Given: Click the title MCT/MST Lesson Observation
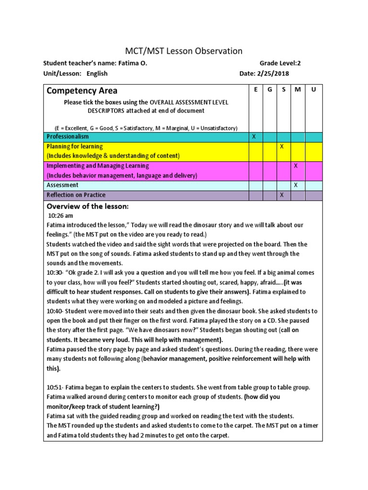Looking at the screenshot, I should (x=184, y=51).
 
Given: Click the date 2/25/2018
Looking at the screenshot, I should (x=274, y=74).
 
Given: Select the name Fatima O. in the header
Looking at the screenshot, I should (x=132, y=63).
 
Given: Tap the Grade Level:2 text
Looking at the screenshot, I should (x=280, y=63).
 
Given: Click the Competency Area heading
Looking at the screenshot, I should (x=81, y=90).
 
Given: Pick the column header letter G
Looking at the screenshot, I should (x=269, y=89).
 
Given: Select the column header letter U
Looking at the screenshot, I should (x=314, y=89).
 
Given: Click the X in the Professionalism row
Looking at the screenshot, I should (x=254, y=137).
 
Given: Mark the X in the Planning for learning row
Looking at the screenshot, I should (x=282, y=146).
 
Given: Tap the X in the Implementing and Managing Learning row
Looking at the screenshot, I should (x=296, y=166).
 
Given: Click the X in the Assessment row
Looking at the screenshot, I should (x=296, y=185).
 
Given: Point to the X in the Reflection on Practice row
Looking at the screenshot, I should (x=282, y=195).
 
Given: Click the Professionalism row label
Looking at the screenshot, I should (x=68, y=137).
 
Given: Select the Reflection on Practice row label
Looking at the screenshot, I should (x=76, y=195).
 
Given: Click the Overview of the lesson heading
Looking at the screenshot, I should (x=87, y=206).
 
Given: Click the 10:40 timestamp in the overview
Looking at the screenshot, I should (x=54, y=311).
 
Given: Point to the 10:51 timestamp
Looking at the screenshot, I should (x=54, y=387).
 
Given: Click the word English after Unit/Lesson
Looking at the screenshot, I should (x=97, y=74).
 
